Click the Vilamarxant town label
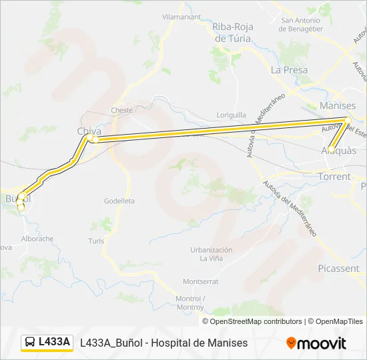[181, 17]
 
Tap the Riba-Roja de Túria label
[232, 33]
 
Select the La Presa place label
[289, 69]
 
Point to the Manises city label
[338, 105]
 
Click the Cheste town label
[122, 110]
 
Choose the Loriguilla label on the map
[232, 115]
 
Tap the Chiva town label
[89, 131]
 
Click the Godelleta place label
[119, 201]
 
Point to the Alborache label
[37, 238]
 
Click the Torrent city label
[334, 177]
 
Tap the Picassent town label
[338, 268]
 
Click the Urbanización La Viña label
[212, 254]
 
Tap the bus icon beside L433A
[30, 342]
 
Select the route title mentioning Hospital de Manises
[163, 343]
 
